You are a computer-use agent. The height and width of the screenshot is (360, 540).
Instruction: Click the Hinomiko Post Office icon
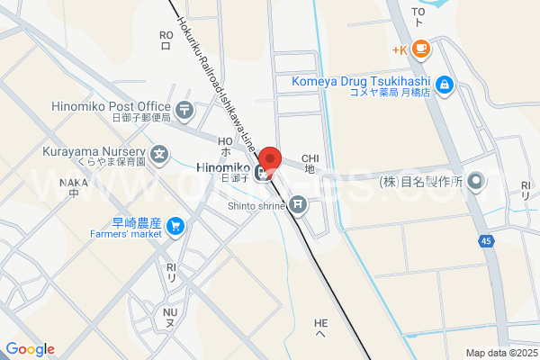click(184, 111)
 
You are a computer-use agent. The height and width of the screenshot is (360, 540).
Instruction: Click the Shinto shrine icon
click(298, 206)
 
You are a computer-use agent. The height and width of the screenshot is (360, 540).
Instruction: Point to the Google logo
click(30, 349)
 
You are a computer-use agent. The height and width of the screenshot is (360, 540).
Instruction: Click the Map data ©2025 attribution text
click(500, 353)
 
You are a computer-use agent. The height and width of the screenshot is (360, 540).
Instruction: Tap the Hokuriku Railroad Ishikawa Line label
click(217, 76)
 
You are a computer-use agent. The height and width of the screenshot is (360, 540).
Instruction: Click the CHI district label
click(310, 162)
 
